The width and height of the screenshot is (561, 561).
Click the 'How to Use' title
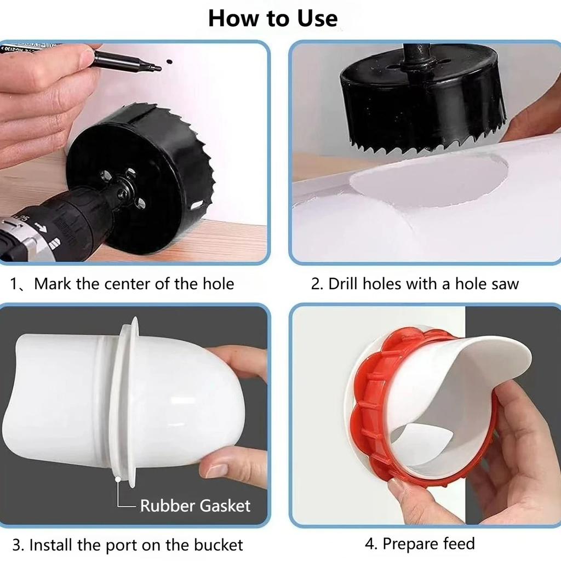(273, 18)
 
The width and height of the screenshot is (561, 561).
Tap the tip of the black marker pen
(160, 68)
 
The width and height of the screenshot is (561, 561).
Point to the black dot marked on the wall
(170, 61)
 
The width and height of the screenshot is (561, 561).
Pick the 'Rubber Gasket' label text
(195, 506)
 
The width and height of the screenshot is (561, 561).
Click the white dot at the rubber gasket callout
(117, 478)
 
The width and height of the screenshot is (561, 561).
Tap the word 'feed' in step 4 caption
(459, 543)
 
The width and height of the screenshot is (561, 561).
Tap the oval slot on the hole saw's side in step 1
(197, 205)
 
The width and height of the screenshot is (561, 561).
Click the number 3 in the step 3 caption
(16, 545)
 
